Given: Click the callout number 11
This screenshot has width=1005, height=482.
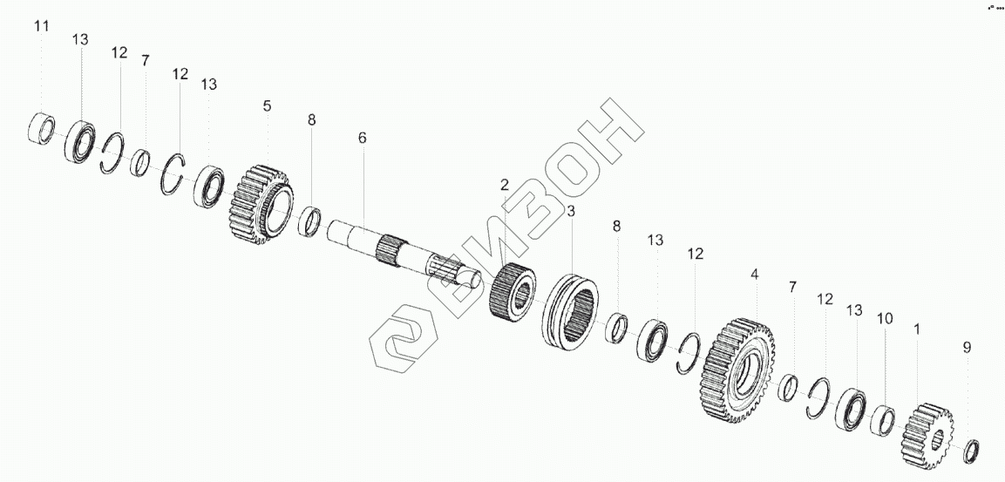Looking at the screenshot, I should (42, 27).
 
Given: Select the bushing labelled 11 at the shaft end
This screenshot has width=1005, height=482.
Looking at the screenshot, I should (43, 129).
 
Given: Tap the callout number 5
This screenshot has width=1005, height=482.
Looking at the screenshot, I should (267, 105).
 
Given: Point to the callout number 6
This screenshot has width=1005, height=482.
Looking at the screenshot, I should (363, 138).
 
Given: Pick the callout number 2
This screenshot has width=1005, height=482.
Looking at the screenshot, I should (504, 185).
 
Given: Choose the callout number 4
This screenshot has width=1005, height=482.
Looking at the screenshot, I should (755, 274).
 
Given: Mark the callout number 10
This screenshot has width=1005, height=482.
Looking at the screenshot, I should (884, 319).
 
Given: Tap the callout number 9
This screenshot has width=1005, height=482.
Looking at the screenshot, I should (966, 347).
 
